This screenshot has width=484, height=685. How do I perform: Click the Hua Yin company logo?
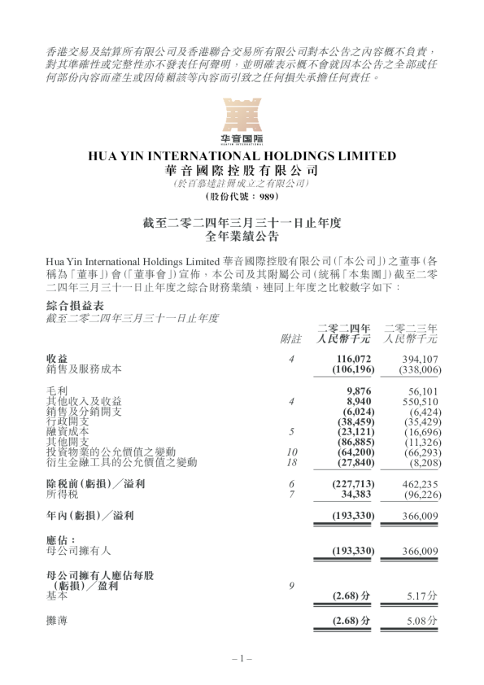click(242, 120)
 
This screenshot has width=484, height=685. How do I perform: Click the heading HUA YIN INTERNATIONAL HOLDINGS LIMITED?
click(242, 156)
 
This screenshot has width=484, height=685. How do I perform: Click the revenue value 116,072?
click(355, 358)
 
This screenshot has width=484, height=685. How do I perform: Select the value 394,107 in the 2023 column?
click(420, 358)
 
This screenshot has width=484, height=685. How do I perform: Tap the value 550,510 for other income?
click(420, 401)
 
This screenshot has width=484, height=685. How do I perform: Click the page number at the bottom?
click(242, 658)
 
